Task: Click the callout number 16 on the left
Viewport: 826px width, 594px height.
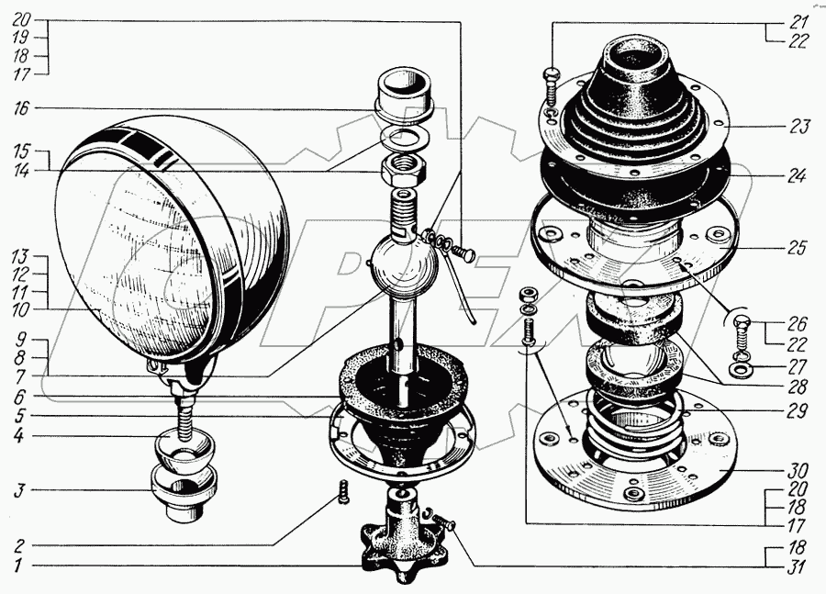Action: pyautogui.click(x=22, y=108)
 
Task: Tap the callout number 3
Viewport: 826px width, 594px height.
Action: pyautogui.click(x=19, y=490)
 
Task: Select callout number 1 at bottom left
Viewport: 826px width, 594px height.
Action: pyautogui.click(x=18, y=566)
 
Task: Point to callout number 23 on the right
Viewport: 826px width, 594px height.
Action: pyautogui.click(x=799, y=127)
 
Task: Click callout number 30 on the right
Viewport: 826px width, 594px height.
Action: pyautogui.click(x=799, y=470)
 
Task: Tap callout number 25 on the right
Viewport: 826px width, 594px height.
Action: pyautogui.click(x=798, y=247)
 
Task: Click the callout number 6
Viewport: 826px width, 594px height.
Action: pyautogui.click(x=19, y=397)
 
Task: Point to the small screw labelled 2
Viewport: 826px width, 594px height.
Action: pyautogui.click(x=343, y=491)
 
